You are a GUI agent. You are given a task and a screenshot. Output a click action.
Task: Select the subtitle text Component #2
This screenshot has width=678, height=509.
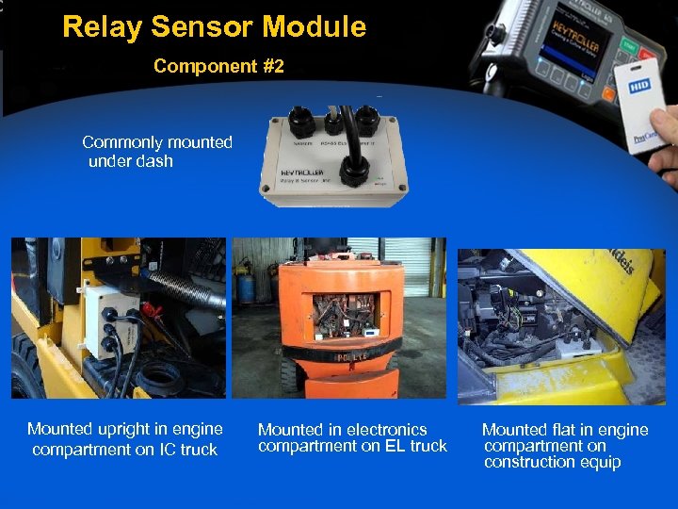[218, 67]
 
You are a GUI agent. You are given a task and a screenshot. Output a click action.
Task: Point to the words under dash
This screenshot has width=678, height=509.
[131, 161]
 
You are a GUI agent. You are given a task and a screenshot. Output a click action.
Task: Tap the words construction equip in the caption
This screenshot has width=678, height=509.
[552, 462]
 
